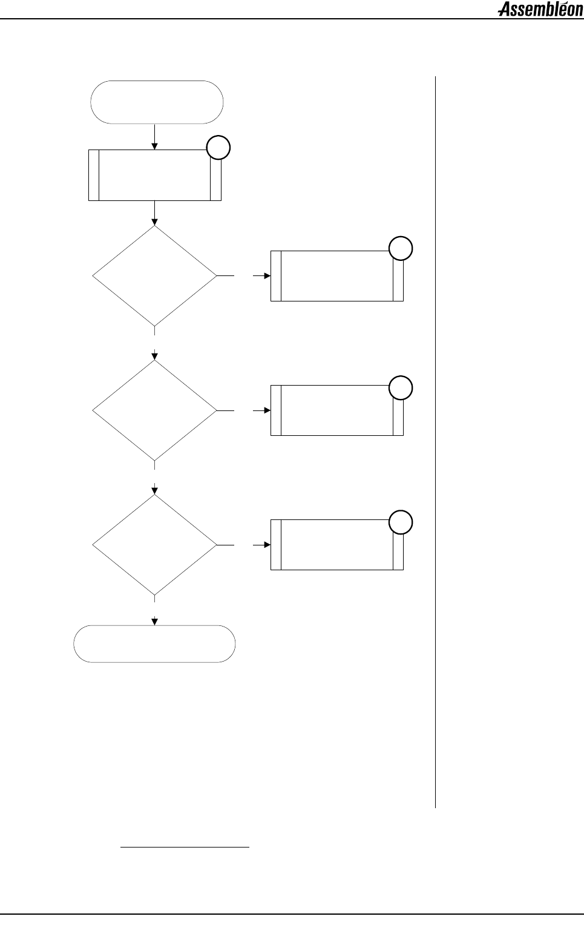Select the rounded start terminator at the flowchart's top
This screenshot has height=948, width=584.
[x=157, y=102]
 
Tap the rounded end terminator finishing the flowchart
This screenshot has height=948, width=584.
[x=154, y=644]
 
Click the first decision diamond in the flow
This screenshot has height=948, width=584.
[x=154, y=276]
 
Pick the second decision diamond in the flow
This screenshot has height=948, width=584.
[x=154, y=410]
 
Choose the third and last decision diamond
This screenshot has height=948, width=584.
[x=154, y=545]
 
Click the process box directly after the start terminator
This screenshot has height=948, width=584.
[x=154, y=175]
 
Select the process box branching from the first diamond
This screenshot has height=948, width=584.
[x=336, y=276]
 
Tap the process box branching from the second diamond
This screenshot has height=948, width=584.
[x=336, y=410]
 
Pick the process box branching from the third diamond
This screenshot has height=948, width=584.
[x=336, y=545]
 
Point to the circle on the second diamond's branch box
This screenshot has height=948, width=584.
[x=401, y=387]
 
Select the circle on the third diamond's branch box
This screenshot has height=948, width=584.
[x=401, y=522]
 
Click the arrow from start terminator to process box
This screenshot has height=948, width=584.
[x=155, y=137]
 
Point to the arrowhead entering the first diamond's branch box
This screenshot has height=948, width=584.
[x=266, y=276]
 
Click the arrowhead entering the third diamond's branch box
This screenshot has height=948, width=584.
[x=266, y=545]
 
